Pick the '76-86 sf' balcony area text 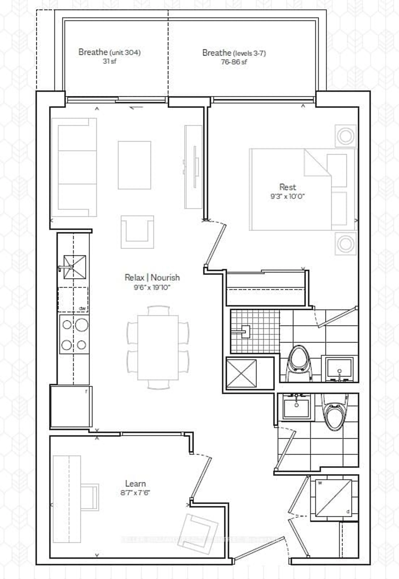(234, 62)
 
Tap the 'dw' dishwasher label (82, 309)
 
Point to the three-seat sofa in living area (74, 167)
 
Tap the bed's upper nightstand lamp (345, 136)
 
